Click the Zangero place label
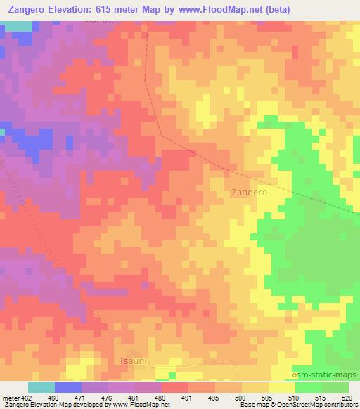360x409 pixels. [x=249, y=191]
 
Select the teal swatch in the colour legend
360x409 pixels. [x=41, y=387]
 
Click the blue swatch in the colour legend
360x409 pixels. [x=67, y=387]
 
